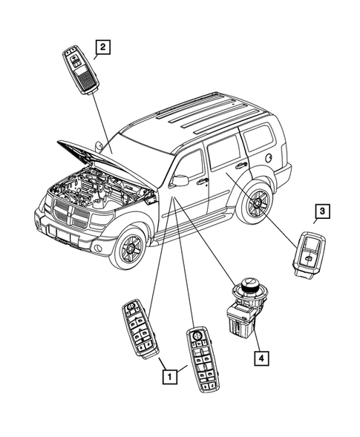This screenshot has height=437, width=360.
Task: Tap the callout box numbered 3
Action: coord(321,212)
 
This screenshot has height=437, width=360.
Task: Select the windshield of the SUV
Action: coord(137,141)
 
